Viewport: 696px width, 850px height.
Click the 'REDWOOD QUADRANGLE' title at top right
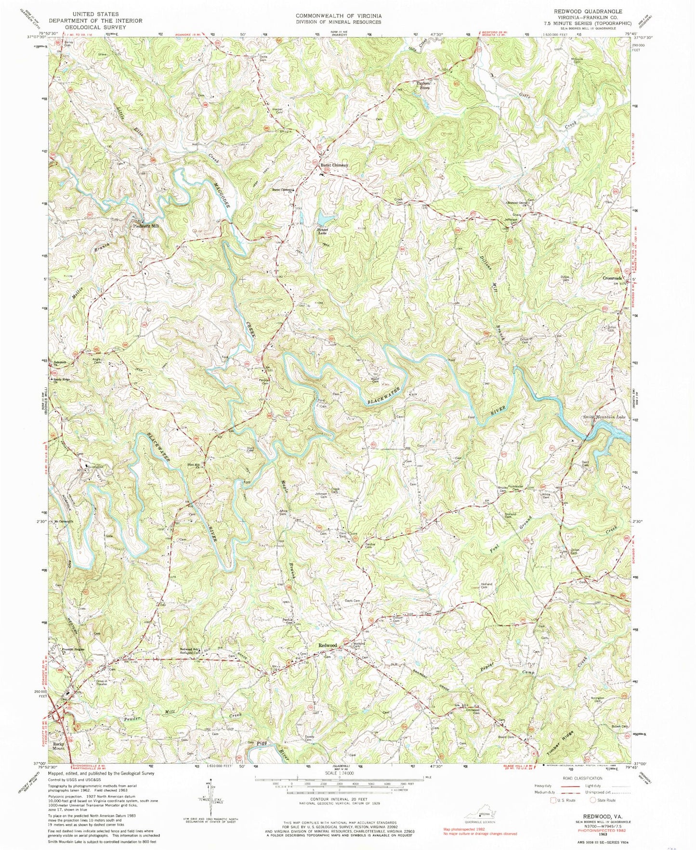coord(595,11)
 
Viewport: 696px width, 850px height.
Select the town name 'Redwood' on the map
coord(327,645)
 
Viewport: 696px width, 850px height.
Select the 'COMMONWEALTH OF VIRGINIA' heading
coord(338,16)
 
